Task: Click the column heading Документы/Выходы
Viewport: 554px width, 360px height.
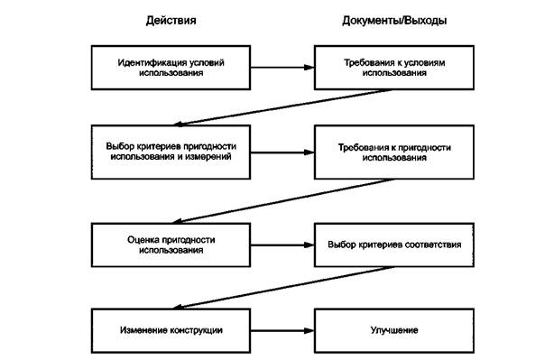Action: [x=393, y=20]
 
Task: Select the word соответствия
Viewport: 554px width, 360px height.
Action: [x=430, y=244]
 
